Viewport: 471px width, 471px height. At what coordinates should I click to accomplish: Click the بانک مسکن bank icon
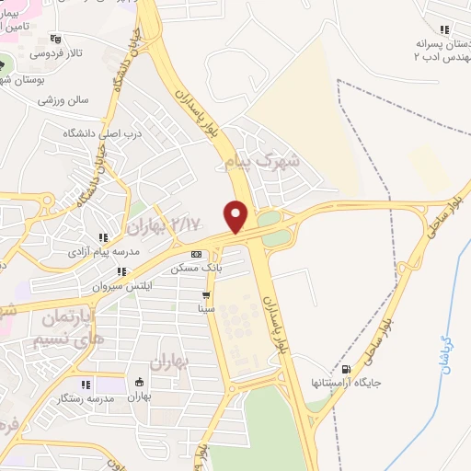[x=195, y=254]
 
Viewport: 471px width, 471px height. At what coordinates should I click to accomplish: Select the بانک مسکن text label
[x=195, y=269]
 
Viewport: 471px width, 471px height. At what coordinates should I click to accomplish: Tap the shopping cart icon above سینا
[x=206, y=296]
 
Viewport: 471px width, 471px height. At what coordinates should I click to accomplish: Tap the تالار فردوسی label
[x=55, y=53]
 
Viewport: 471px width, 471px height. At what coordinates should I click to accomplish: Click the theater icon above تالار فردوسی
[x=56, y=39]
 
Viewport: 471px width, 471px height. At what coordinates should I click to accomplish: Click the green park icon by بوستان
[x=4, y=65]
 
